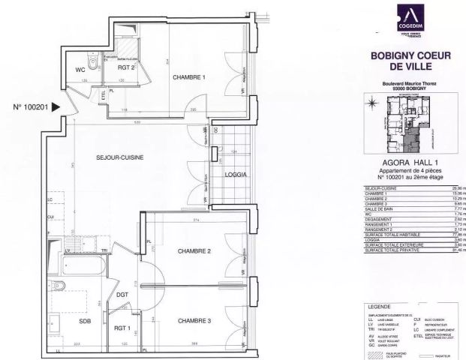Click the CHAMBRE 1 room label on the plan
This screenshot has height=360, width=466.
point(188,77)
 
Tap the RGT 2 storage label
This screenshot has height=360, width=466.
point(125,68)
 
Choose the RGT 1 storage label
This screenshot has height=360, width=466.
point(122,328)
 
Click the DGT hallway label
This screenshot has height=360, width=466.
point(121,296)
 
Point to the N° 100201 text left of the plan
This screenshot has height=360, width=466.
point(32,107)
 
